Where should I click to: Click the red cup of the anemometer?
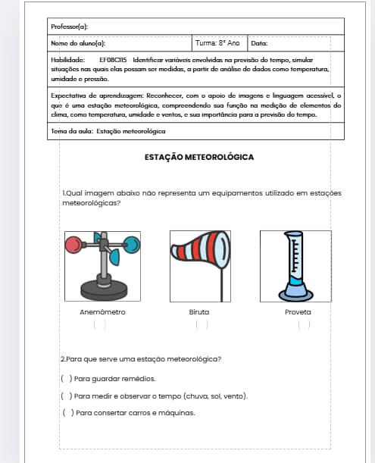(73, 245)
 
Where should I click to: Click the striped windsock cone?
(201, 250)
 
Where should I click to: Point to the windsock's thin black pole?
(222, 285)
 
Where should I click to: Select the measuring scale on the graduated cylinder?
(295, 255)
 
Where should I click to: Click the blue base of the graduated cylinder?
(295, 293)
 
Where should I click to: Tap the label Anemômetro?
(102, 312)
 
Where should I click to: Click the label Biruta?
(199, 312)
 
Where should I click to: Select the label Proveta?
(298, 312)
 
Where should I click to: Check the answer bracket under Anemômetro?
(99, 324)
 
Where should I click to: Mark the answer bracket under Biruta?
(202, 324)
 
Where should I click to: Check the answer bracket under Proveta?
(304, 324)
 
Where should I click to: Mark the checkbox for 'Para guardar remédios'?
(67, 379)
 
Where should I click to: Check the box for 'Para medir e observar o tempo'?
(67, 396)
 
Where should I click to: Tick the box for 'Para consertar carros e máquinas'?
(68, 413)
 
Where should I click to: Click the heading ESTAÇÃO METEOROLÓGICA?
(199, 157)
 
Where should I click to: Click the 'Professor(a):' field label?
(70, 27)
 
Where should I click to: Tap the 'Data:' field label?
(259, 43)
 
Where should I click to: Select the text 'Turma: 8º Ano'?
(217, 43)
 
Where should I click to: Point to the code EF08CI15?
(113, 60)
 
